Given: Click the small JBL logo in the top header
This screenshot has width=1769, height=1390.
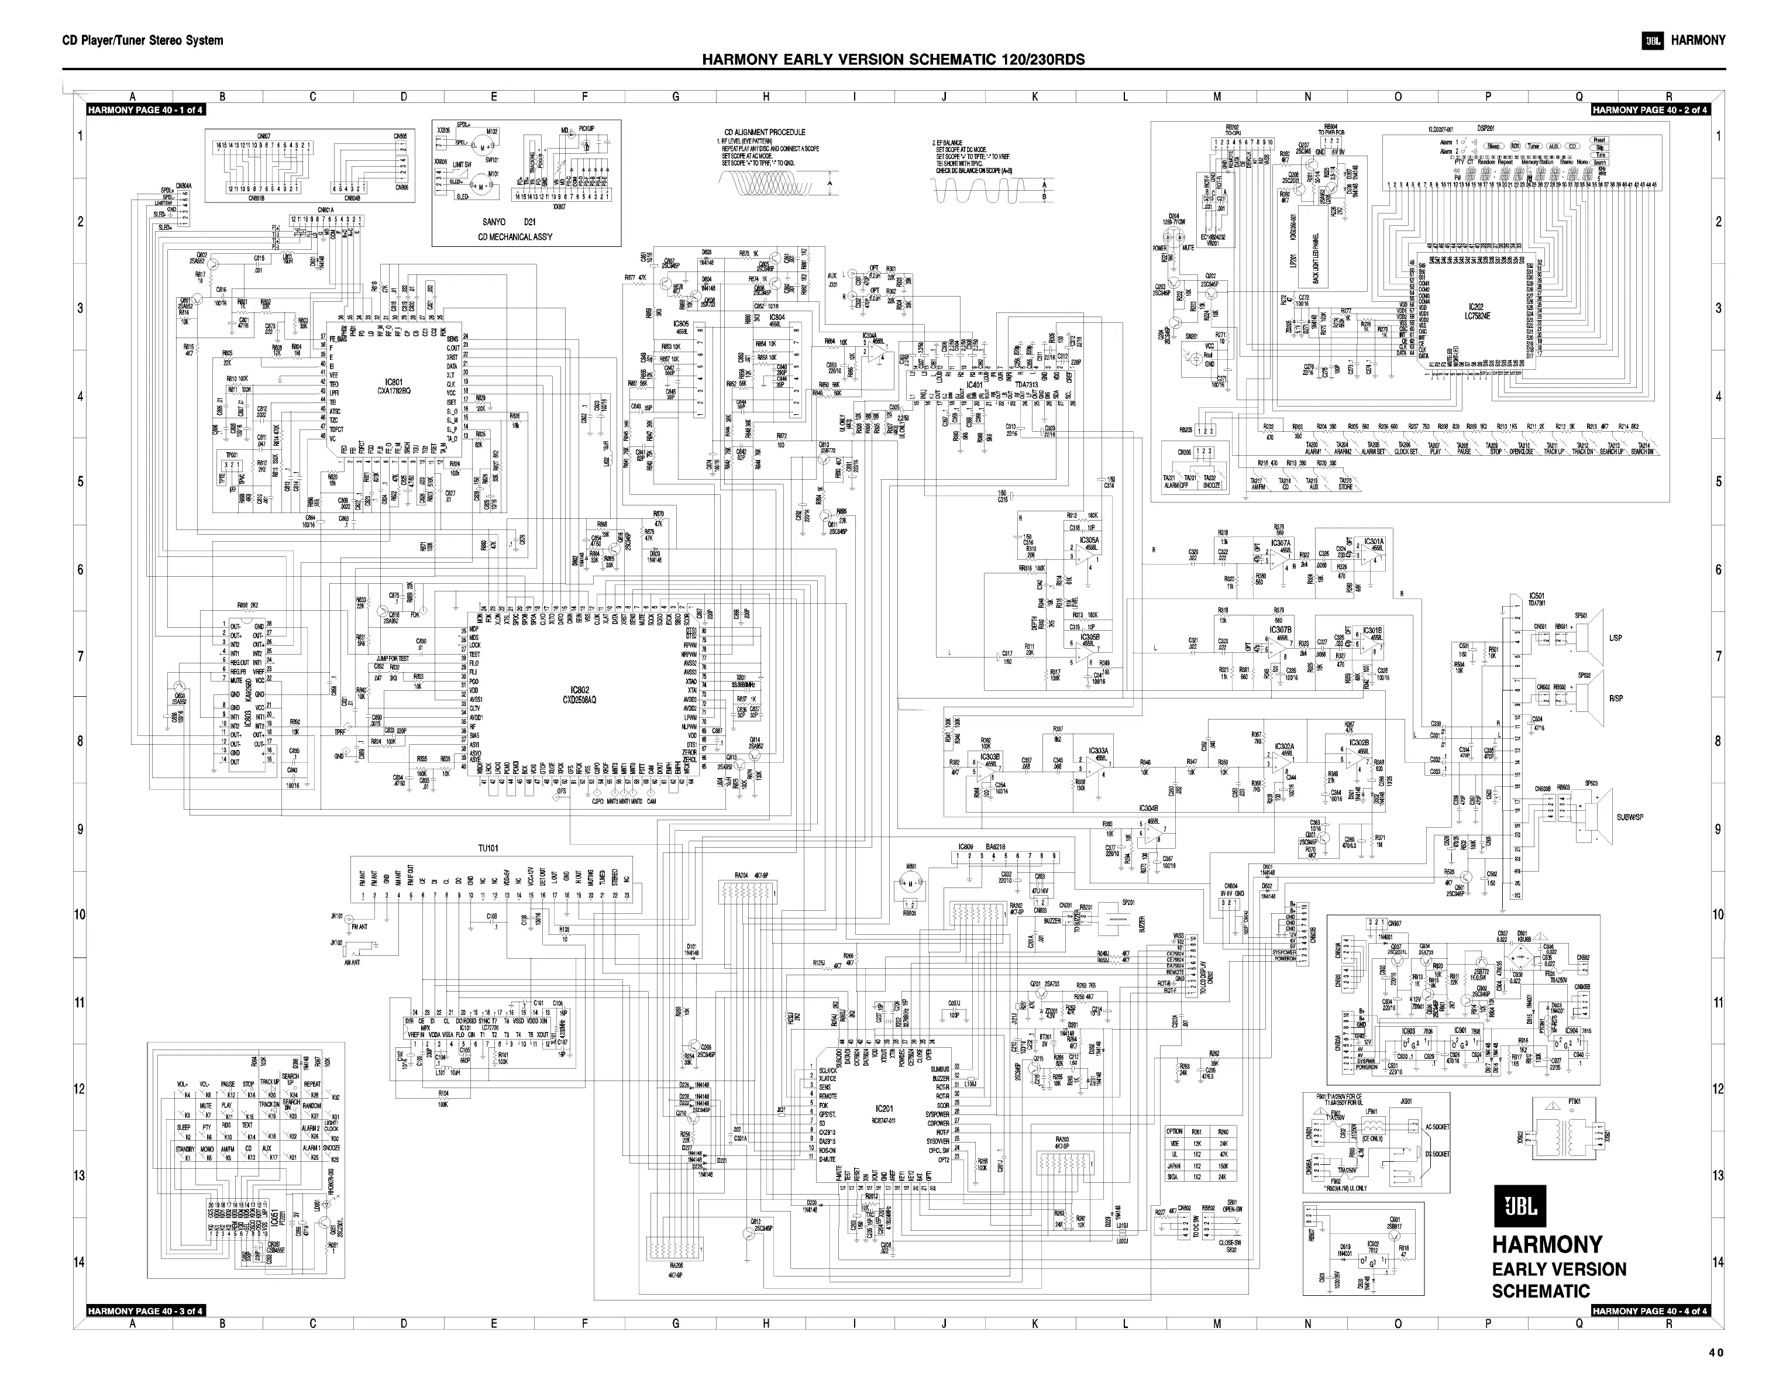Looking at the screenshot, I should click(1652, 41).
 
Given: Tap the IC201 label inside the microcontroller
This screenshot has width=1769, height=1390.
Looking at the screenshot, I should click(884, 1109).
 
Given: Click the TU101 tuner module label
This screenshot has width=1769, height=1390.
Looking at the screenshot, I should click(488, 848).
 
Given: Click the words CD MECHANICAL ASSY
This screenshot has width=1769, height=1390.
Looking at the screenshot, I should click(526, 237).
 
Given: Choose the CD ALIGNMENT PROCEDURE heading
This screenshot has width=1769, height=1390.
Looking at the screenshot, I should click(765, 132).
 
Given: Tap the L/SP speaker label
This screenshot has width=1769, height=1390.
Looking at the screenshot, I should click(1615, 638).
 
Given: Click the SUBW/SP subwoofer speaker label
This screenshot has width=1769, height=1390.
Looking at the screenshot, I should click(1630, 816).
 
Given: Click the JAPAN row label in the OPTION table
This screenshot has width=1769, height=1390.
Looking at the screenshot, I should click(1173, 1165).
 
